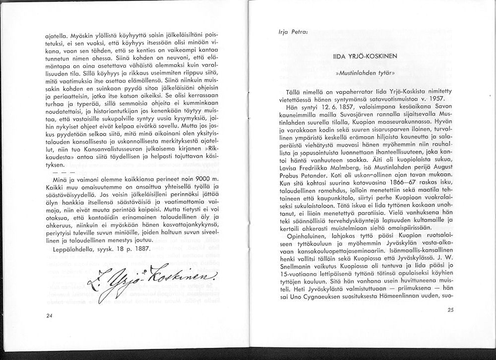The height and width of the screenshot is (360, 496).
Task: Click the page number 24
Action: (49, 315)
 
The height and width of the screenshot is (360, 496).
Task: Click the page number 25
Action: (450, 310)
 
